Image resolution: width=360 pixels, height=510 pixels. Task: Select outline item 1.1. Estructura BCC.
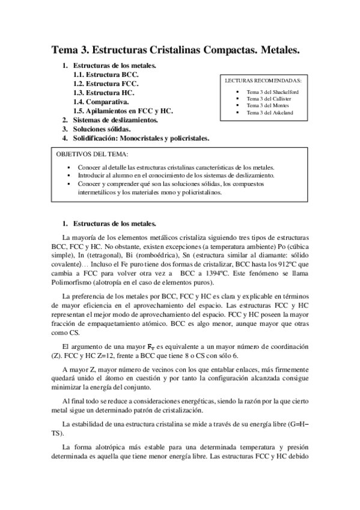click(x=105, y=75)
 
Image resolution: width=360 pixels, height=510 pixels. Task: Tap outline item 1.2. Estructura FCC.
click(x=105, y=84)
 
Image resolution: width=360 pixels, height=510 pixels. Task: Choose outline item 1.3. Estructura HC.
click(x=104, y=93)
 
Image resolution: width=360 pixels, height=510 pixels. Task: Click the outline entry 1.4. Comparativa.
click(x=101, y=102)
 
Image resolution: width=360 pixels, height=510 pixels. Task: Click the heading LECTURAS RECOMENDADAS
click(x=263, y=79)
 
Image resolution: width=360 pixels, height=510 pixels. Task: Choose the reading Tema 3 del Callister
click(x=268, y=99)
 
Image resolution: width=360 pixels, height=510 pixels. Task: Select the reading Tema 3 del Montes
click(x=267, y=105)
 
